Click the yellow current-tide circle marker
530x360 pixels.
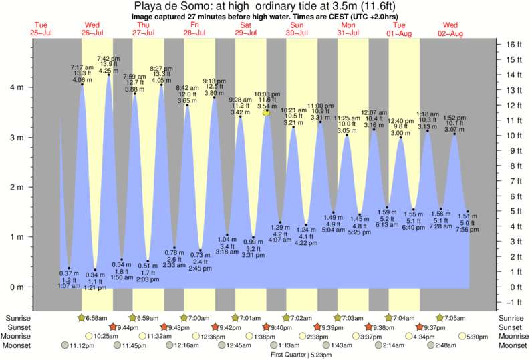tap(267, 113)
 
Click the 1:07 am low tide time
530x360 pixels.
tap(65, 286)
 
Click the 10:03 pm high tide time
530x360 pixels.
tap(267, 94)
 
